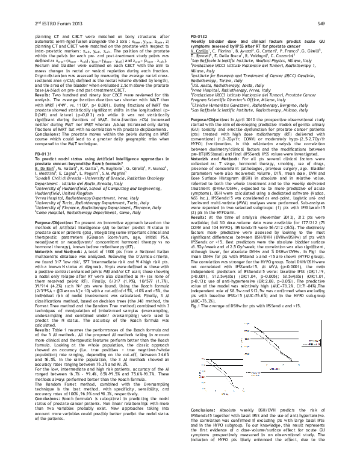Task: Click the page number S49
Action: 338,22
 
